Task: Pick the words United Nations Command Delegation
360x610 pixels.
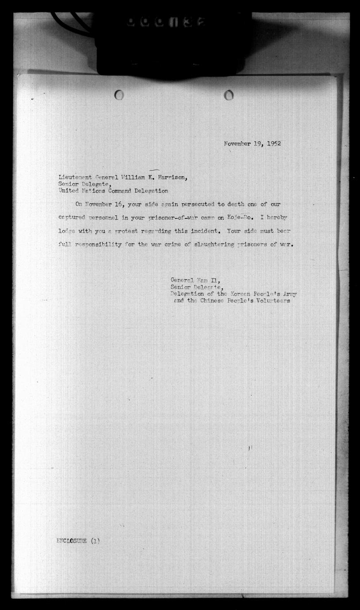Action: [113, 191]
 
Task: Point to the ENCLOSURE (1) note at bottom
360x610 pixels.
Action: [78, 541]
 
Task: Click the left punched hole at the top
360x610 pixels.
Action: [119, 95]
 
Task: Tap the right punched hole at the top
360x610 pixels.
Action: [228, 95]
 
